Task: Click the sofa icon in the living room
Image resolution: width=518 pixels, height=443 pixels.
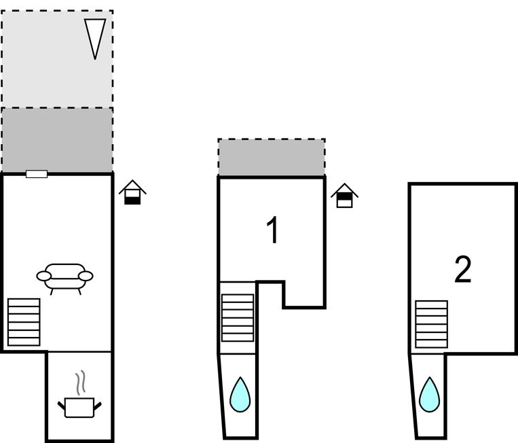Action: tap(64, 277)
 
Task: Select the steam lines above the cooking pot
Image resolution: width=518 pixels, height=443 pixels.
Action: tap(81, 383)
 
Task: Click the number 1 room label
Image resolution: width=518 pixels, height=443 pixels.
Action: tap(272, 230)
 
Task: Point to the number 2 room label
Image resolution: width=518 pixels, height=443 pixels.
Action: tap(462, 270)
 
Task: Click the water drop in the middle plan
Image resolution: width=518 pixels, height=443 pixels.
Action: tap(240, 395)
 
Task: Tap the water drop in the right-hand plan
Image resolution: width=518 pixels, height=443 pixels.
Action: tap(429, 395)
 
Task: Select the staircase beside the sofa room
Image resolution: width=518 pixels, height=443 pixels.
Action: tap(24, 321)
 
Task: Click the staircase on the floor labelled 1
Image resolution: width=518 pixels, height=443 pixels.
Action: tap(238, 317)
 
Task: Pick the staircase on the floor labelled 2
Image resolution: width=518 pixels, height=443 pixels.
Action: tap(431, 325)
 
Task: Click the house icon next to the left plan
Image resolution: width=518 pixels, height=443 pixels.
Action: tap(133, 193)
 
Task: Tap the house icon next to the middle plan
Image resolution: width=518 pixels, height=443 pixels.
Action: tap(345, 196)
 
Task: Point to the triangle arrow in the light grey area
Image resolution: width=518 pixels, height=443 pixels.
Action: tap(95, 37)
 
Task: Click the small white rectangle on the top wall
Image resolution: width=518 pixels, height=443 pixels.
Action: tap(37, 174)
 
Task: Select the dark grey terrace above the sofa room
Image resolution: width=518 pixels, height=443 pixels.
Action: tap(57, 139)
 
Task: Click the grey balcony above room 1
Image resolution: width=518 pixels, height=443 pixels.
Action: tap(272, 158)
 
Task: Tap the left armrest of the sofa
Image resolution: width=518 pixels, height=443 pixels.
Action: tap(43, 276)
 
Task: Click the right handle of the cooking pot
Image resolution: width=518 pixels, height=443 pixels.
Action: tap(98, 406)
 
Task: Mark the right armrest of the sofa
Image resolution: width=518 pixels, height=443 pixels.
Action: tap(86, 275)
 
